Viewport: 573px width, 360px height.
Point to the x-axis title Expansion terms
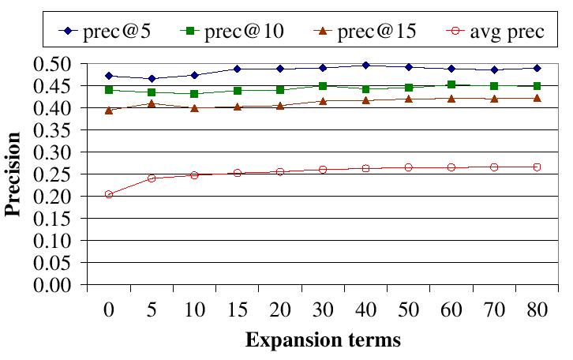pos(323,341)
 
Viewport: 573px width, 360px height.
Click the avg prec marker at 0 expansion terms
pos(109,194)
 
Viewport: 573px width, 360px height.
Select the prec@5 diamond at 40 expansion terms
pos(365,66)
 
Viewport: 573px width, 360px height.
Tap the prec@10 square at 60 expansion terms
pos(451,84)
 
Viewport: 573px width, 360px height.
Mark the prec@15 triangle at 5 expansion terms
pos(152,103)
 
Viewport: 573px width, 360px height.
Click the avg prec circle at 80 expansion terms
pos(537,167)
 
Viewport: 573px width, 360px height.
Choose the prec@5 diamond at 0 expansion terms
pos(109,76)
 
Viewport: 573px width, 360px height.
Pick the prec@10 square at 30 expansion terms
pos(323,86)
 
